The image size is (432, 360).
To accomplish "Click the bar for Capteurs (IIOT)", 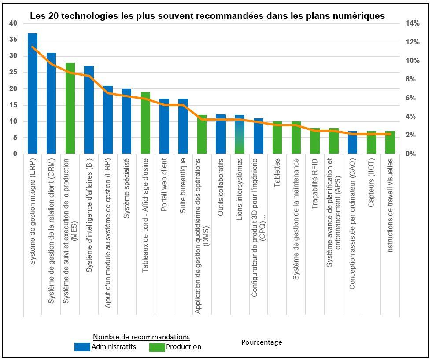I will click(371, 143).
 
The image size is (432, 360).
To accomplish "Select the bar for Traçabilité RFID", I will click(315, 141).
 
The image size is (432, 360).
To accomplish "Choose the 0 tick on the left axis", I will click(15, 154).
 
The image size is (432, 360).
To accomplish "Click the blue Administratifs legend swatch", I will click(82, 347).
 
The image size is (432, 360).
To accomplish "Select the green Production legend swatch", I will click(157, 347).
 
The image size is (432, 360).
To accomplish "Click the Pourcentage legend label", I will click(262, 342).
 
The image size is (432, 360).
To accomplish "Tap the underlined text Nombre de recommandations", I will click(141, 337).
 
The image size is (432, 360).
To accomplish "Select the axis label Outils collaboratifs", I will click(221, 187).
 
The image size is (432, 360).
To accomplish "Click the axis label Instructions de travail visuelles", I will click(390, 206).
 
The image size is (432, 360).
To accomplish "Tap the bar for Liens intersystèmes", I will click(240, 134).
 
